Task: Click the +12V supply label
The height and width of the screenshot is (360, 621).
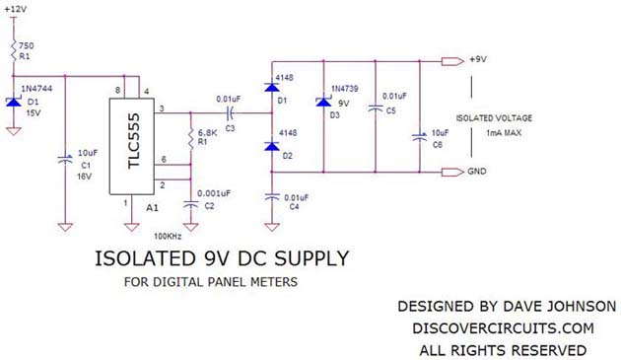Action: click(17, 8)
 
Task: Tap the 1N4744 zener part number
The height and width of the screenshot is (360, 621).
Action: click(40, 90)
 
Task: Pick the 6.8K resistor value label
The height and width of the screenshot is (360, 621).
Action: click(209, 132)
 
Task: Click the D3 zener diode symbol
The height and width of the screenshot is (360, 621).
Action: click(322, 103)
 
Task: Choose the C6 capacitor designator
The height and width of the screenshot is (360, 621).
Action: click(438, 145)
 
